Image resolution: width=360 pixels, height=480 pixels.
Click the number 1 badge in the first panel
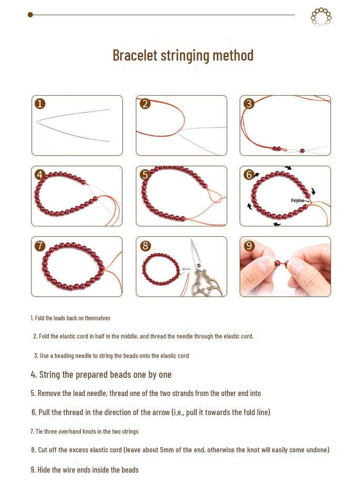click(x=40, y=104)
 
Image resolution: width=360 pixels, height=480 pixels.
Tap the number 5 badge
click(x=145, y=174)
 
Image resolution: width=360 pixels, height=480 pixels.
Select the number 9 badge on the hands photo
click(x=249, y=246)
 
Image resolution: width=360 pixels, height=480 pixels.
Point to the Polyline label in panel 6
click(x=297, y=201)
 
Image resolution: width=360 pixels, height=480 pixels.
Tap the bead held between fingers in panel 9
click(x=277, y=263)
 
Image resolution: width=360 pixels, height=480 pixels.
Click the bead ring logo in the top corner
click(x=321, y=17)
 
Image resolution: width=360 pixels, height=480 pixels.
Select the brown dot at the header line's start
click(x=30, y=15)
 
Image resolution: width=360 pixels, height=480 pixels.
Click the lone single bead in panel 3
click(x=302, y=151)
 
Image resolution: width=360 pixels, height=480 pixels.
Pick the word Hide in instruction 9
click(x=44, y=470)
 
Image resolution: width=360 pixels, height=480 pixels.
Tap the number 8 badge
click(x=145, y=246)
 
